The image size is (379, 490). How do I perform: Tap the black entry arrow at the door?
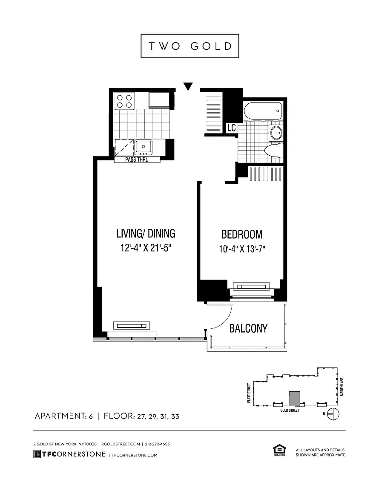[188, 86]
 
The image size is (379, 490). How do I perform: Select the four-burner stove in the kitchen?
[124, 101]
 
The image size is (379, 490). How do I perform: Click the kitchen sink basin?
[144, 147]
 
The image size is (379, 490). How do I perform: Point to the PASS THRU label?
[137, 160]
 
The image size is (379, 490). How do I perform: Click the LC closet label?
[232, 128]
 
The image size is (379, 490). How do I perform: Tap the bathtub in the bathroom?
[263, 111]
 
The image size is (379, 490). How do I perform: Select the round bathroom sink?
[276, 133]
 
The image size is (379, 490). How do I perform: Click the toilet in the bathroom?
[273, 150]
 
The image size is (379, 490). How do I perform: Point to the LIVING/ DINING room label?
[146, 234]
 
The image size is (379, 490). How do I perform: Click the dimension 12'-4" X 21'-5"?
[146, 248]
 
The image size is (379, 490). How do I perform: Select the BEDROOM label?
[242, 234]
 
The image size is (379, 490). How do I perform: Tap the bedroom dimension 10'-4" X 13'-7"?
[242, 249]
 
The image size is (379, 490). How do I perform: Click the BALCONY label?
[249, 328]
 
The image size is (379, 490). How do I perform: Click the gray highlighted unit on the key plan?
[295, 398]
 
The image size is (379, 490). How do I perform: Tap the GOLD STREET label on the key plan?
[290, 410]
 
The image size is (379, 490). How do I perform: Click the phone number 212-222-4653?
[158, 444]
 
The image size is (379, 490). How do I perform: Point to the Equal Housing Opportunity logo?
[279, 451]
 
